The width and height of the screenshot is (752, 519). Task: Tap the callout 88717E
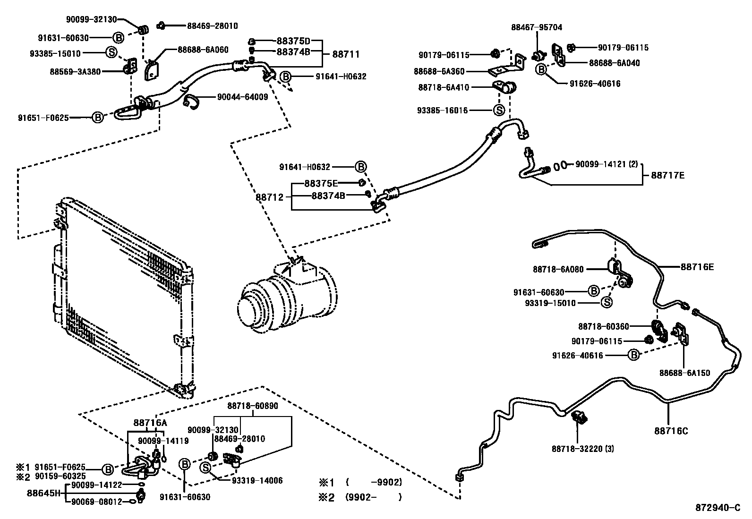pyautogui.click(x=667, y=176)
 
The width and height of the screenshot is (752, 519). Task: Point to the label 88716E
pyautogui.click(x=697, y=267)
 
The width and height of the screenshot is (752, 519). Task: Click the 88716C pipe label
pyautogui.click(x=671, y=431)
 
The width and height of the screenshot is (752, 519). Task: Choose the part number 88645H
pyautogui.click(x=44, y=493)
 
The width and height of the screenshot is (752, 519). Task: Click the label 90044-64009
pyautogui.click(x=242, y=97)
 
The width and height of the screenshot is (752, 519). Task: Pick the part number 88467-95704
pyautogui.click(x=537, y=27)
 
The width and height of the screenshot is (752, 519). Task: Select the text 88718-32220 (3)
pyautogui.click(x=582, y=449)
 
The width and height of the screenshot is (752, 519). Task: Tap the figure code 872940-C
pyautogui.click(x=718, y=508)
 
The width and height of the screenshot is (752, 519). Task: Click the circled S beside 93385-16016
pyautogui.click(x=499, y=111)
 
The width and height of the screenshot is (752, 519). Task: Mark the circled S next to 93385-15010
pyautogui.click(x=111, y=52)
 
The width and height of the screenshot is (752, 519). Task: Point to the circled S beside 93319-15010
pyautogui.click(x=607, y=303)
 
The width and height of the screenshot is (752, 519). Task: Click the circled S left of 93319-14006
pyautogui.click(x=205, y=468)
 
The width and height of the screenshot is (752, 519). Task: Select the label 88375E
pyautogui.click(x=321, y=183)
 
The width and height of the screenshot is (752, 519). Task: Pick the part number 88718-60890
pyautogui.click(x=253, y=406)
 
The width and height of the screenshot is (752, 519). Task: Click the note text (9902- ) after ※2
pyautogui.click(x=373, y=497)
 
